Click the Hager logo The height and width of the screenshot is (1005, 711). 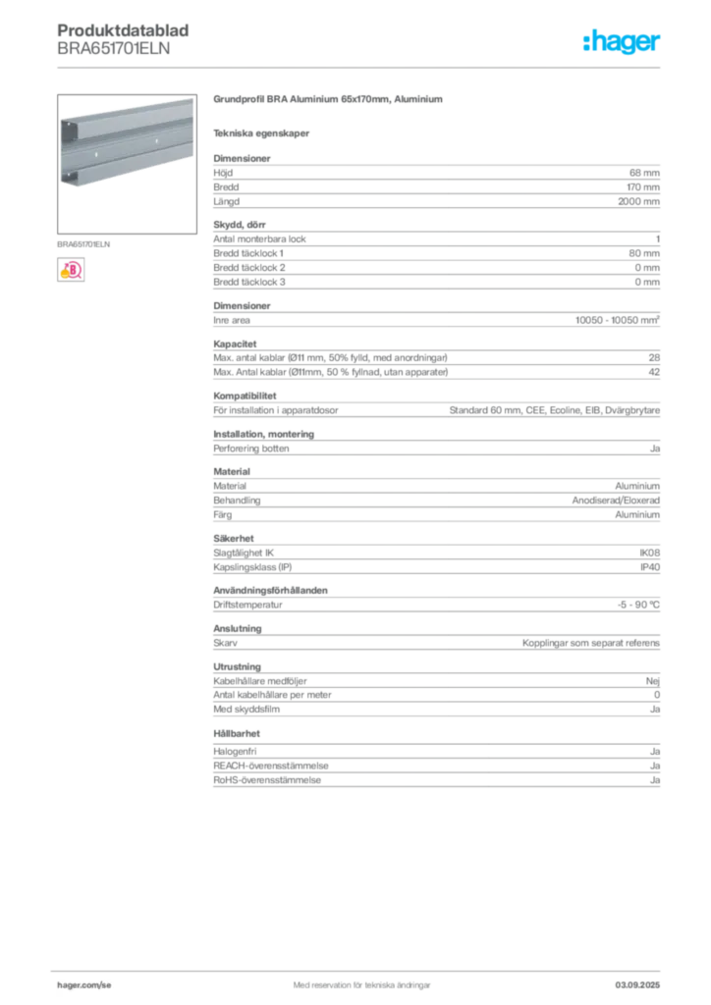tap(621, 41)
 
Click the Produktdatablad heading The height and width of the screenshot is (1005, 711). tap(123, 30)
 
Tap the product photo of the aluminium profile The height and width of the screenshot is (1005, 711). tap(127, 164)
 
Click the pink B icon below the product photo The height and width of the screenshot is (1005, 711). tap(71, 270)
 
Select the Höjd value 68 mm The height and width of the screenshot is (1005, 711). tap(644, 173)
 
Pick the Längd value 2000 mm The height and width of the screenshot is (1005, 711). tap(638, 201)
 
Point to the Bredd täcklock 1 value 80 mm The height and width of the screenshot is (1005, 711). tap(644, 253)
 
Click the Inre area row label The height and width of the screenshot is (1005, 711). tap(232, 320)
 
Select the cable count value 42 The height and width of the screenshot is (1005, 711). tap(654, 372)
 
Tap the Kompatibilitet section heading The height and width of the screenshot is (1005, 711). tap(245, 397)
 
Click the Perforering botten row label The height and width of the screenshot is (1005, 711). tap(251, 449)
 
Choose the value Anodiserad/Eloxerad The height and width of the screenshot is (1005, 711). tap(616, 500)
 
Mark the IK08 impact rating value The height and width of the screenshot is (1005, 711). tap(649, 553)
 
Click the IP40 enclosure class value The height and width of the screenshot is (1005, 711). tap(650, 567)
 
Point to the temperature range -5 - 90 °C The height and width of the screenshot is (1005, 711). tap(638, 605)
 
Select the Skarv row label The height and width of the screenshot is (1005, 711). tap(225, 643)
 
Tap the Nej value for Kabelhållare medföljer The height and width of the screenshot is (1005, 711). tap(653, 681)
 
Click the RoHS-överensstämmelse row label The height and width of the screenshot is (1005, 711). tap(267, 780)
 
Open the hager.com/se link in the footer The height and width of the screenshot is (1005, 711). tap(84, 985)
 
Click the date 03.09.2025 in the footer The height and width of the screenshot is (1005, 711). tap(637, 985)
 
